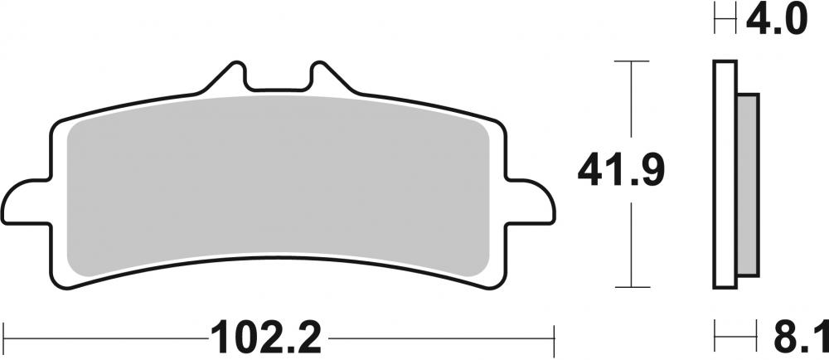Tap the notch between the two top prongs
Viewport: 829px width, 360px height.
point(278,83)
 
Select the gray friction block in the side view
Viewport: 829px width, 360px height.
point(747,182)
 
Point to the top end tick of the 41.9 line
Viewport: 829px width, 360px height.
point(633,61)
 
